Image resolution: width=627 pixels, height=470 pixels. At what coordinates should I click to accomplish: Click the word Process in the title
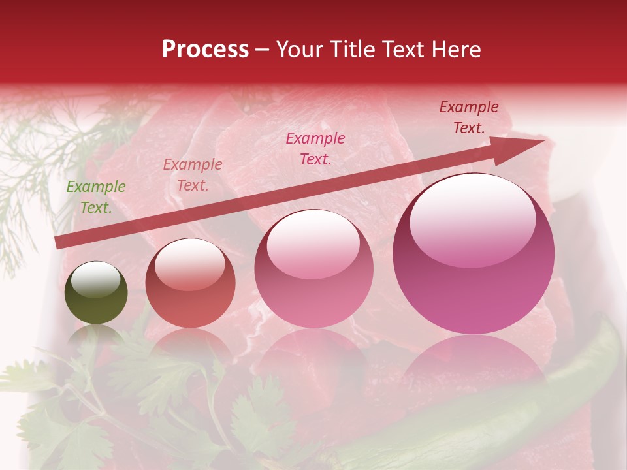[205, 50]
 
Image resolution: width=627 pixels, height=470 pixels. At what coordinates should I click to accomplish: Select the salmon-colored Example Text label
[193, 175]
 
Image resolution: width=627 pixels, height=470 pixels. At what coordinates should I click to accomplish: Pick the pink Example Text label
[315, 148]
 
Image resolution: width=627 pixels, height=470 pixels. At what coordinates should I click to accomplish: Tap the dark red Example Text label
[469, 117]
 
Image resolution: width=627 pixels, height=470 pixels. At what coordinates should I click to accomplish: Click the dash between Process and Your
[263, 50]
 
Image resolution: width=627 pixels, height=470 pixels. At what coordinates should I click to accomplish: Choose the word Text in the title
[399, 50]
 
